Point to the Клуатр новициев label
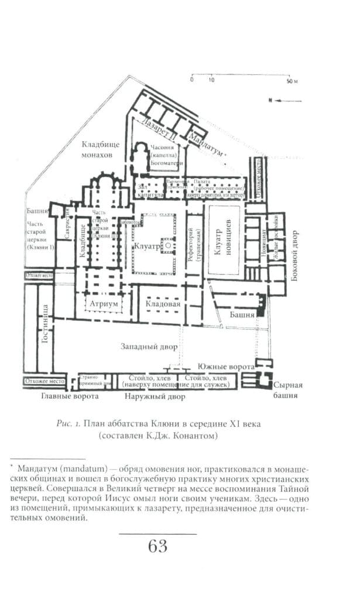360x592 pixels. click(x=224, y=239)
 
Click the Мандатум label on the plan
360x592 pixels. click(x=205, y=143)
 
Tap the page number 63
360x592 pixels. click(x=158, y=546)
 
